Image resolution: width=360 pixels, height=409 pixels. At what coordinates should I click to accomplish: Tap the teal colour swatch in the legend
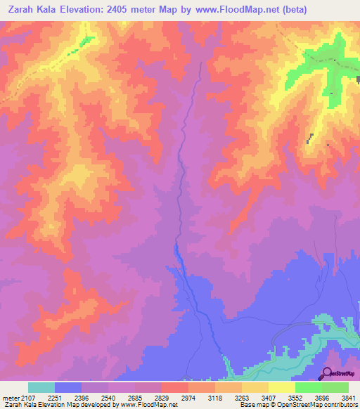tap(41, 387)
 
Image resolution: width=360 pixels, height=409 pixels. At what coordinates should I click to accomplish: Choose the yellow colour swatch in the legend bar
tap(281, 387)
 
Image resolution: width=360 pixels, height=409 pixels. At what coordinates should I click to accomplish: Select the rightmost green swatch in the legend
tap(335, 387)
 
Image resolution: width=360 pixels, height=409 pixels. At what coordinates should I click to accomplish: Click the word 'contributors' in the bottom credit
tap(341, 405)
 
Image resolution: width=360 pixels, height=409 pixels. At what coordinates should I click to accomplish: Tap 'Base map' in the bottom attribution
tap(252, 405)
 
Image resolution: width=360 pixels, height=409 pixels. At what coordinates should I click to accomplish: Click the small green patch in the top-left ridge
tap(86, 41)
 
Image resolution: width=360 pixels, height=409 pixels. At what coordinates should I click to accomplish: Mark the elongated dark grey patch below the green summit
tap(310, 138)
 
